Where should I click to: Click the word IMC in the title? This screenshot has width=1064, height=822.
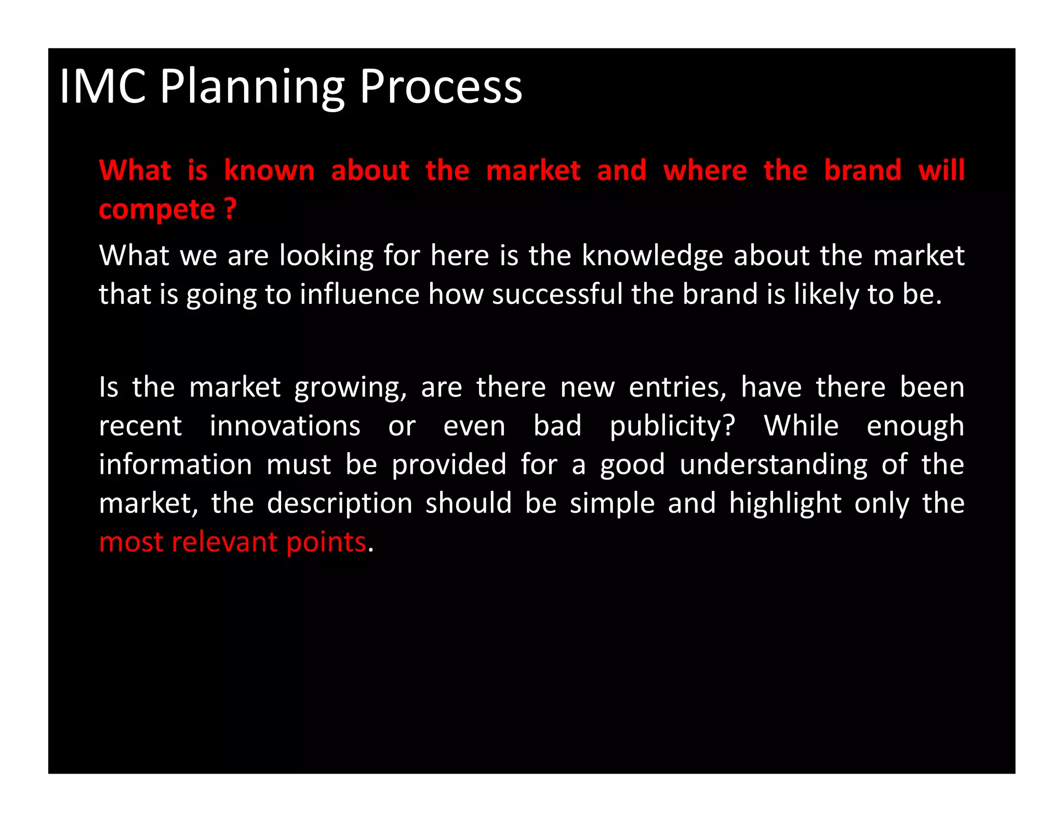click(x=102, y=87)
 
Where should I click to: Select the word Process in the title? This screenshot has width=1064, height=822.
click(x=441, y=87)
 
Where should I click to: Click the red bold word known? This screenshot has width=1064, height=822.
click(x=269, y=170)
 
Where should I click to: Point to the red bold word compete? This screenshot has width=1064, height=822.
click(x=157, y=210)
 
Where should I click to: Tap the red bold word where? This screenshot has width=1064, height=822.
click(x=705, y=170)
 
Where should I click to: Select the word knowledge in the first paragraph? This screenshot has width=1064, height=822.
click(x=652, y=256)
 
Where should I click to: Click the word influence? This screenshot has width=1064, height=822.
click(x=360, y=294)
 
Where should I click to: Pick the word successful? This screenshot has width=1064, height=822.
click(x=557, y=294)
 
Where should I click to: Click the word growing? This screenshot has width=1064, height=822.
click(x=351, y=388)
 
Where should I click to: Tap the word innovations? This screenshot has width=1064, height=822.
click(x=285, y=426)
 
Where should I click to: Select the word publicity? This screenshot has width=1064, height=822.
click(x=672, y=426)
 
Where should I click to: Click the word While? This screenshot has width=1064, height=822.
click(x=801, y=426)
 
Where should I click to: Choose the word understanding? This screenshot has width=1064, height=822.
click(x=774, y=465)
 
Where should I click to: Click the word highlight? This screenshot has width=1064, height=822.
click(x=785, y=503)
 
